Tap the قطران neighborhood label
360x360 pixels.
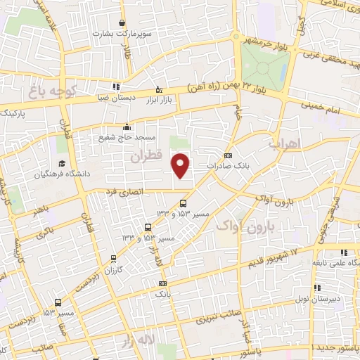pyautogui.click(x=146, y=156)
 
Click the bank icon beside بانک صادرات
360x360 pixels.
pyautogui.click(x=227, y=156)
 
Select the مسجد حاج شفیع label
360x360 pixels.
pyautogui.click(x=127, y=137)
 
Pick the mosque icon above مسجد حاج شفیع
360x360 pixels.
pyautogui.click(x=127, y=127)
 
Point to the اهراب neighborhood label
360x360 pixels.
pyautogui.click(x=284, y=143)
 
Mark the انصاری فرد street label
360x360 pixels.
pyautogui.click(x=124, y=191)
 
